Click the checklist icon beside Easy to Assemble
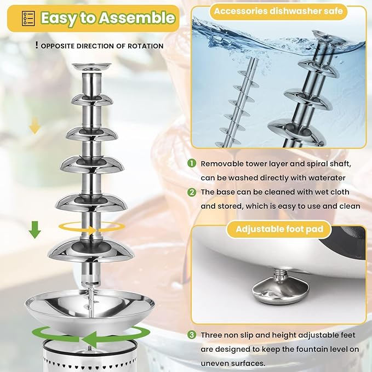(25, 18)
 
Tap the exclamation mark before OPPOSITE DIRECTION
(36, 45)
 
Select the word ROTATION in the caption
(144, 46)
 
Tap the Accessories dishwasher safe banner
(279, 11)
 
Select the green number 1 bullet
(191, 164)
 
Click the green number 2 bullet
(191, 192)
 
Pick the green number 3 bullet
(191, 335)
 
